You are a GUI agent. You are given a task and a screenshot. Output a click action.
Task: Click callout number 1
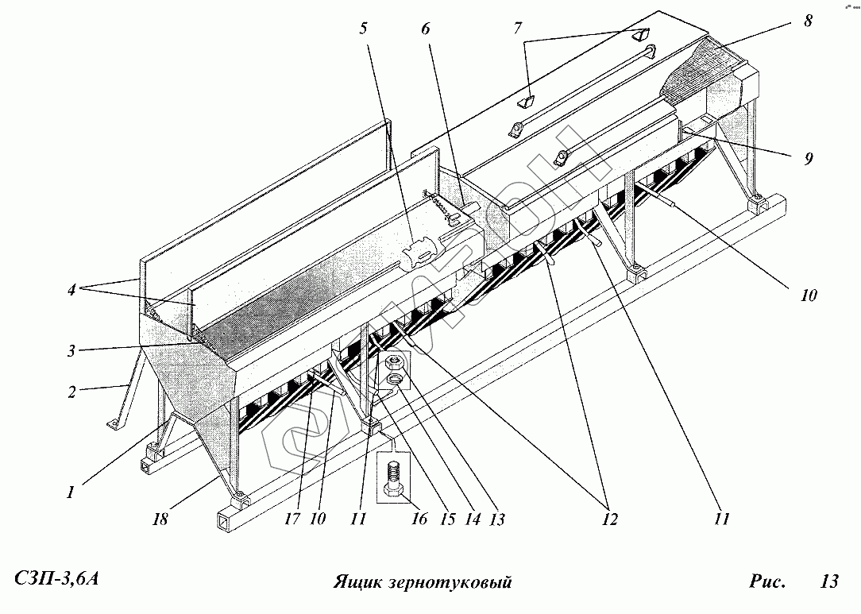71,492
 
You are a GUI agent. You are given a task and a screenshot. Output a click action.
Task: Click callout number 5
363,29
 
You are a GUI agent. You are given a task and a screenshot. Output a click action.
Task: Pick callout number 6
425,29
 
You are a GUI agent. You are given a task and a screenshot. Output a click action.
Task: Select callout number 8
808,21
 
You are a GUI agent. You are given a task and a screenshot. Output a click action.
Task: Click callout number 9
808,158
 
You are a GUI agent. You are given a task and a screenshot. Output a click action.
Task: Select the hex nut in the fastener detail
395,365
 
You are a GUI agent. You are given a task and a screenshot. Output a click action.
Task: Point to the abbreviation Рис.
766,581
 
